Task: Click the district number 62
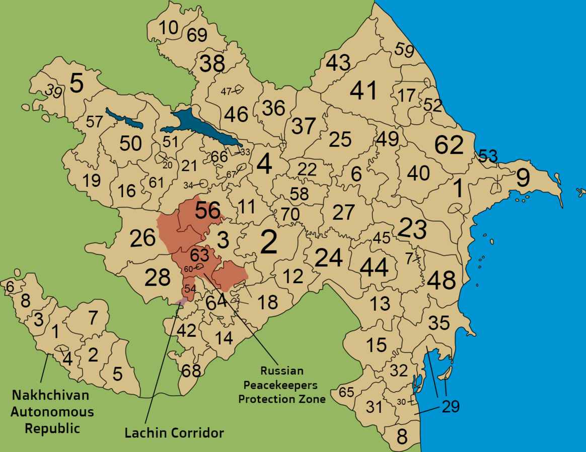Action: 449,145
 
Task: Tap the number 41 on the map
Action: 363,91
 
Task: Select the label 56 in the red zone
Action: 208,211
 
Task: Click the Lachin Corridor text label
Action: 174,433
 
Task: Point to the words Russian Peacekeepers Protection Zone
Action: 281,385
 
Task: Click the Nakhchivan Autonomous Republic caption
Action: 52,412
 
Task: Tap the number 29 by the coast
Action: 451,406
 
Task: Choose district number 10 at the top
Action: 169,28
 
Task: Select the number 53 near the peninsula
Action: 488,155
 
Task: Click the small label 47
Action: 226,92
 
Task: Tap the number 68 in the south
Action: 191,371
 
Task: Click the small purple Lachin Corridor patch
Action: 183,301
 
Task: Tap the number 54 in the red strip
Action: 190,289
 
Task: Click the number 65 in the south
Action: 346,392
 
